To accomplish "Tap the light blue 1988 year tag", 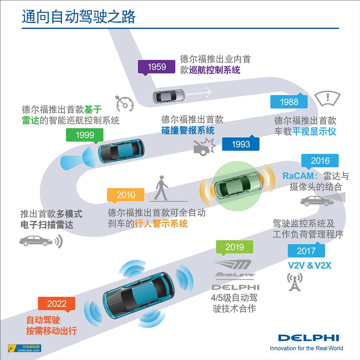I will pos(289,102).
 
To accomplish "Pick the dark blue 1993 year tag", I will pos(241,144).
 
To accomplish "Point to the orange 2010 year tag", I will pos(126,195).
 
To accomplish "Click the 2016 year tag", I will pos(320,161).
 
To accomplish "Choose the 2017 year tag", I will pos(306,251).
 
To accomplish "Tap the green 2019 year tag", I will pos(234,247).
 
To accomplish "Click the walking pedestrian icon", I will pos(161,188).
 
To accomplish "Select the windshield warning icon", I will pos(327,97).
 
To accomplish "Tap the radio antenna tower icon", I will pos(295,282).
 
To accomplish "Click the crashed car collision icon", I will pos(204,146).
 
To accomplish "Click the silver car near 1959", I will pos(168,96).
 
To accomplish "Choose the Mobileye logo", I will pos(235,269).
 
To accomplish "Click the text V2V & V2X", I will pos(309,265).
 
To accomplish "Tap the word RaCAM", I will pos(300,175).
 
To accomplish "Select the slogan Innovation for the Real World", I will pos(306,348).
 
